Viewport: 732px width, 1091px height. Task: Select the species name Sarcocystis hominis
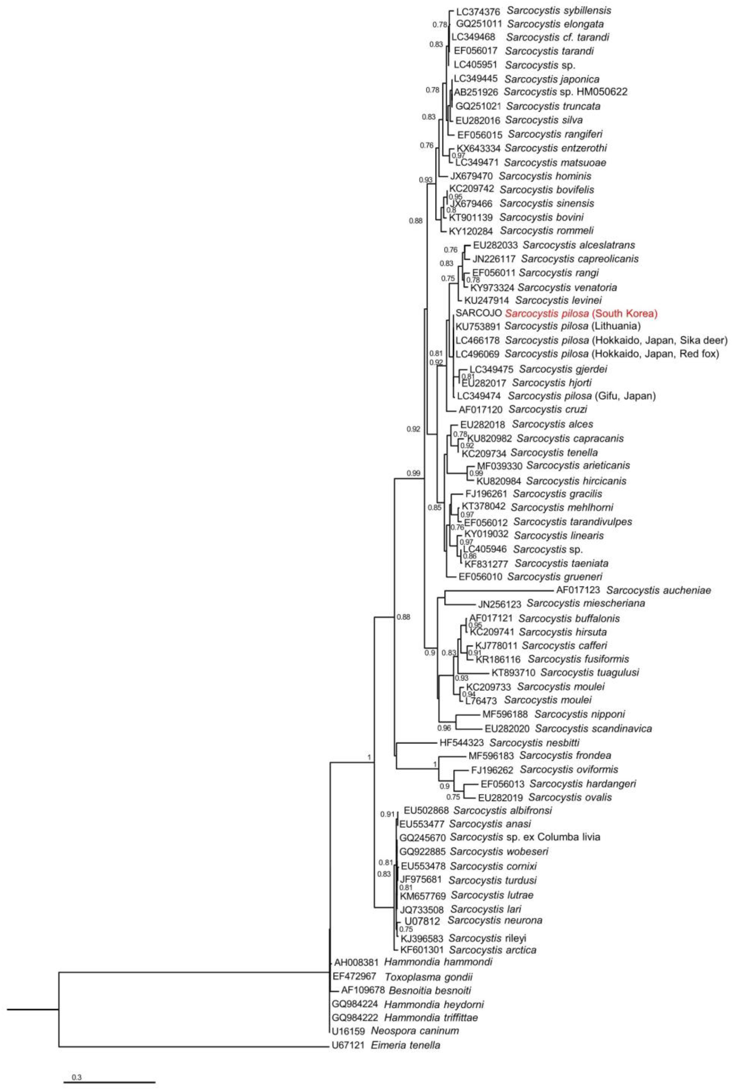tap(545, 176)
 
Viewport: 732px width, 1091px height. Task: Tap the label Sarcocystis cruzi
tap(548, 409)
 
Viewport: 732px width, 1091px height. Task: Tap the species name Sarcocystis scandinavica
tap(593, 728)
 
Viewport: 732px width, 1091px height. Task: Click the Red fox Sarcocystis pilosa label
tap(611, 354)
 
